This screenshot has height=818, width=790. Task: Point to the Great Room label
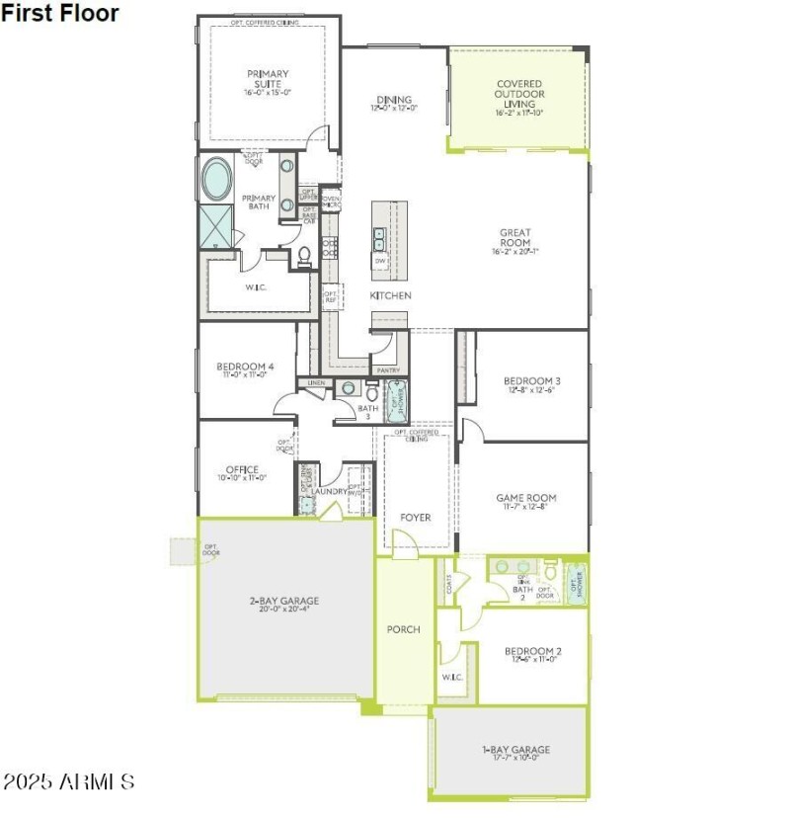514,238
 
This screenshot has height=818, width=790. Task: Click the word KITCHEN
391,295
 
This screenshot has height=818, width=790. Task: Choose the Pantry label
388,370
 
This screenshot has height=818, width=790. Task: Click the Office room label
242,472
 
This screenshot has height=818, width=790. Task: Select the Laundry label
330,491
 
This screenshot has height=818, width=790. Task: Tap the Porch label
403,629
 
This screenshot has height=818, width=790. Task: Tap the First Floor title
60,13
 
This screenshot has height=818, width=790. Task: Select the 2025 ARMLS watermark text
68,782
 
